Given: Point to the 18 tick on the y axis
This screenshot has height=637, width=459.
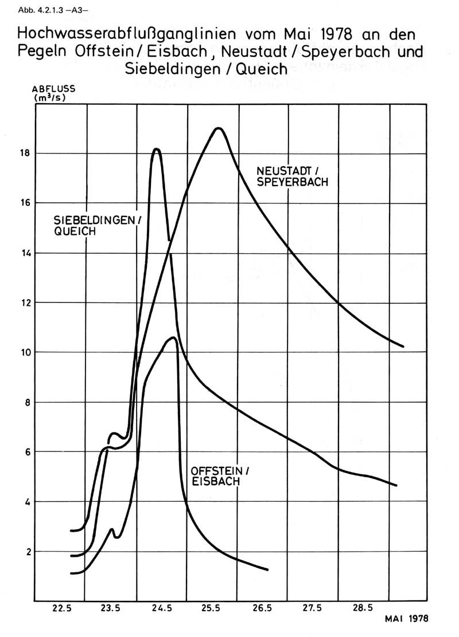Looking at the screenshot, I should tap(26, 154).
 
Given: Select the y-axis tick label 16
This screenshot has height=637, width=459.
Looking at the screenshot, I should tap(26, 203).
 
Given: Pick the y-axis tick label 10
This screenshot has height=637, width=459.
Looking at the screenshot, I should tap(26, 352).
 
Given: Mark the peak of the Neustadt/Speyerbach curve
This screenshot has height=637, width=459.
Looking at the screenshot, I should tap(218, 128).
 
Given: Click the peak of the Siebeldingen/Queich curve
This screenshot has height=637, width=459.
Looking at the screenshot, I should tap(156, 149).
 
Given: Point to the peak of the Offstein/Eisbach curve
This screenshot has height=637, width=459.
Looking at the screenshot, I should tap(173, 337).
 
